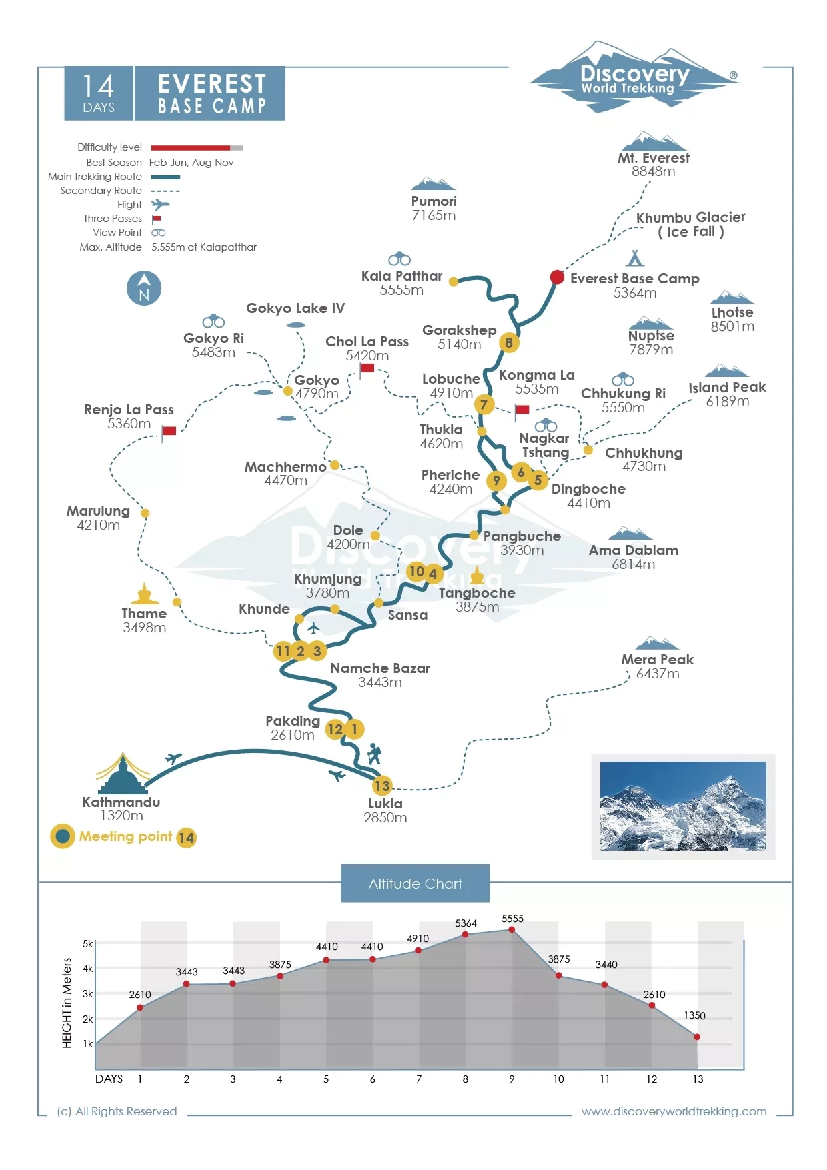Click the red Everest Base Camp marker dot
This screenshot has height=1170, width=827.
pyautogui.click(x=557, y=277)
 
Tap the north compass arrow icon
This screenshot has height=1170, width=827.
pyautogui.click(x=144, y=288)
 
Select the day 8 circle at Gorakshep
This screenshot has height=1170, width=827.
pyautogui.click(x=509, y=343)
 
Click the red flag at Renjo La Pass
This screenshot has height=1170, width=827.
pyautogui.click(x=169, y=431)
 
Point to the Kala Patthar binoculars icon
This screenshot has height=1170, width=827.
pyautogui.click(x=399, y=259)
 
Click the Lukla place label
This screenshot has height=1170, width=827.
pyautogui.click(x=385, y=804)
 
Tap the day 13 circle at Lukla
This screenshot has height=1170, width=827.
pyautogui.click(x=382, y=786)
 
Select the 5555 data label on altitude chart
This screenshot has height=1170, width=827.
pyautogui.click(x=512, y=919)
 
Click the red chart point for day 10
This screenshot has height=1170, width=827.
pyautogui.click(x=558, y=975)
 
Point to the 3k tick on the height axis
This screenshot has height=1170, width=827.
pyautogui.click(x=87, y=993)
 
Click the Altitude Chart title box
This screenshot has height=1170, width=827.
pyautogui.click(x=415, y=883)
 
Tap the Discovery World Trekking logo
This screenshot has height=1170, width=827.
pyautogui.click(x=634, y=78)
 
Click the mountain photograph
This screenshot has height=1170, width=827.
pyautogui.click(x=683, y=806)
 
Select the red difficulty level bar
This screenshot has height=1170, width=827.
pyautogui.click(x=191, y=147)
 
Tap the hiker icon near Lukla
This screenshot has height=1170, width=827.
pyautogui.click(x=374, y=754)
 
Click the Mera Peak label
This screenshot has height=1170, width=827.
pyautogui.click(x=658, y=660)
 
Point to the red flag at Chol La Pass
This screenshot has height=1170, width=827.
pyautogui.click(x=367, y=368)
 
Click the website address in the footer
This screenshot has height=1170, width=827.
pyautogui.click(x=674, y=1111)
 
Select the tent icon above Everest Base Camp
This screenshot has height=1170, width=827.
pyautogui.click(x=635, y=257)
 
